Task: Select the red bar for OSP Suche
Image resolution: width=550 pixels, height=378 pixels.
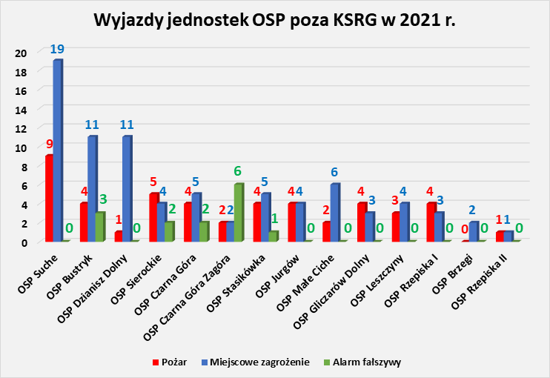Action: (x=49, y=198)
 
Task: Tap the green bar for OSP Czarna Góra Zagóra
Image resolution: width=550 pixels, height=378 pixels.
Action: (x=239, y=212)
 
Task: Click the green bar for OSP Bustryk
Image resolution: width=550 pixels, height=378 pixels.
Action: (x=100, y=227)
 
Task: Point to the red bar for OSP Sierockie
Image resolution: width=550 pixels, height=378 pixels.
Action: (x=153, y=217)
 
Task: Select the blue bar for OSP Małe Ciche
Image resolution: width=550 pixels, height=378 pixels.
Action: (x=335, y=212)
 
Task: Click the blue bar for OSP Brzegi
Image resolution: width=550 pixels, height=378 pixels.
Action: (x=473, y=231)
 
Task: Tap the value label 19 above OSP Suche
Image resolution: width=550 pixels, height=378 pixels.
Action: (x=58, y=50)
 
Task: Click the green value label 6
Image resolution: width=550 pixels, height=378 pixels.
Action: (x=239, y=171)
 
